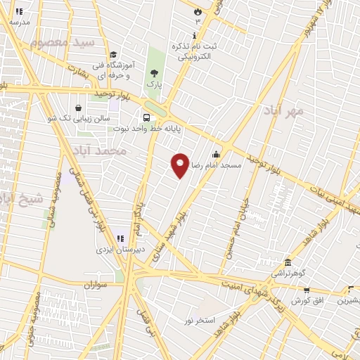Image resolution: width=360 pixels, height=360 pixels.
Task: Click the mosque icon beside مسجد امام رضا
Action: pyautogui.click(x=216, y=155)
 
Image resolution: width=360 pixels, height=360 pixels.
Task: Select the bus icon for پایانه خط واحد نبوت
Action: pyautogui.click(x=146, y=117)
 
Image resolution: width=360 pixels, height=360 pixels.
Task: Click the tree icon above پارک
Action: pyautogui.click(x=154, y=72)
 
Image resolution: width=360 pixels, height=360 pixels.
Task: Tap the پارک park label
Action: pyautogui.click(x=154, y=84)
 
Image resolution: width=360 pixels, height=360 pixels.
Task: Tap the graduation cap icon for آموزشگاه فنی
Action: pyautogui.click(x=112, y=56)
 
